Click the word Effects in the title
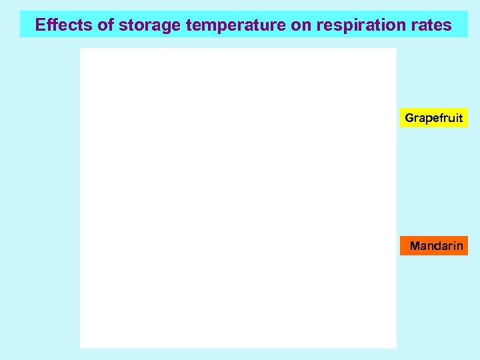pyautogui.click(x=59, y=25)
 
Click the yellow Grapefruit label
pyautogui.click(x=433, y=118)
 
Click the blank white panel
pyautogui.click(x=238, y=198)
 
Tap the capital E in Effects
pyautogui.click(x=40, y=25)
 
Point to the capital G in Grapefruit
pyautogui.click(x=409, y=118)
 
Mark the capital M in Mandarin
pyautogui.click(x=415, y=246)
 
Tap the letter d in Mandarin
pyautogui.click(x=439, y=246)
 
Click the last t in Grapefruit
pyautogui.click(x=460, y=118)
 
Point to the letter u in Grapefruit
pyautogui.click(x=449, y=119)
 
